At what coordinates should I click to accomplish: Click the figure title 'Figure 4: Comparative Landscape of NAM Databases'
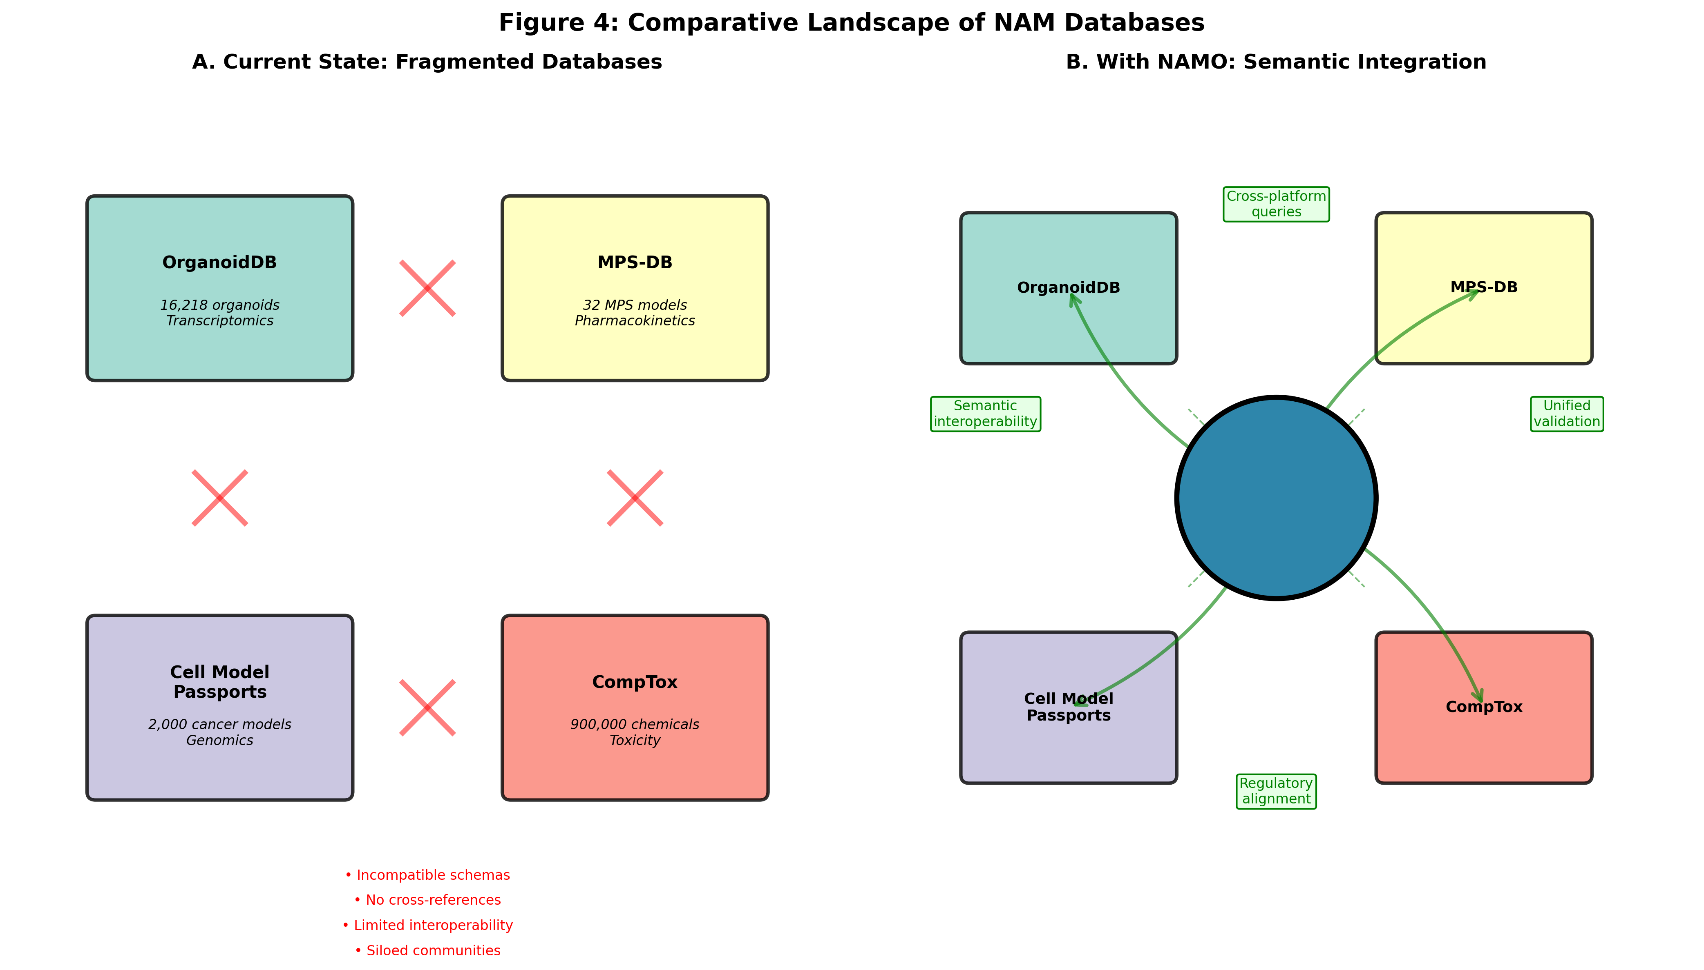tap(851, 22)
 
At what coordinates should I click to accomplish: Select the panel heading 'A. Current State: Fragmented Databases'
tap(427, 62)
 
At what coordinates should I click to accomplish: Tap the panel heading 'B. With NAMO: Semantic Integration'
tap(1275, 62)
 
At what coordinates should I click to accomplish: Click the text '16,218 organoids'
tap(219, 305)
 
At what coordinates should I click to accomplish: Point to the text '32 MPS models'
tap(635, 305)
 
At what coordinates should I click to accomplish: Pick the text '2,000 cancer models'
tap(219, 724)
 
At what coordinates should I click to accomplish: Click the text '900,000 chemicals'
tap(635, 724)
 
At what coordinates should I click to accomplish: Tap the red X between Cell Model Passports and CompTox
tap(427, 707)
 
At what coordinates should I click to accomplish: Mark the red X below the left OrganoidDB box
tap(220, 498)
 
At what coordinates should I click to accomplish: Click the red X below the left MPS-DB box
tap(635, 498)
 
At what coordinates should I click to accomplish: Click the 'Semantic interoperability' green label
tap(985, 414)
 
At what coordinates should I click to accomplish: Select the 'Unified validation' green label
tap(1566, 414)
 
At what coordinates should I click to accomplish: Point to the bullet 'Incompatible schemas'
tap(427, 875)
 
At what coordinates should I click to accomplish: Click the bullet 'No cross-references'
tap(427, 900)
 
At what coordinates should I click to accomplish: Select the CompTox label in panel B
tap(1483, 707)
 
